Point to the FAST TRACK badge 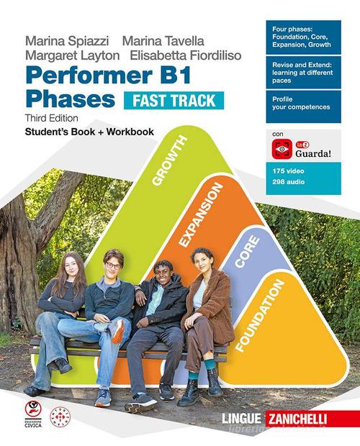pyautogui.click(x=173, y=100)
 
